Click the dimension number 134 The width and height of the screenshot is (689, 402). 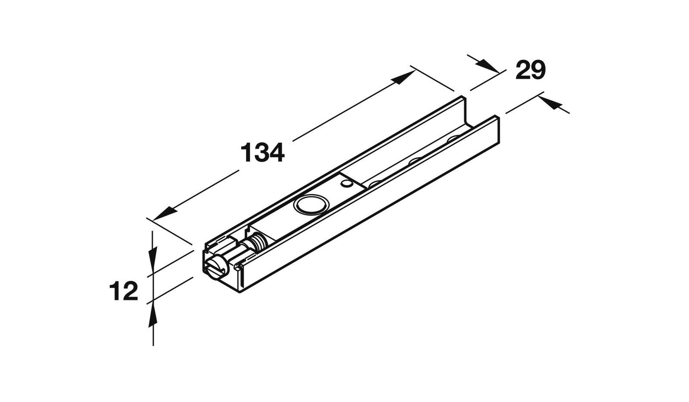click(x=262, y=153)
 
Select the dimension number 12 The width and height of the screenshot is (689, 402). click(x=124, y=292)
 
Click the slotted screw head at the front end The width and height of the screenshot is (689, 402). click(x=216, y=267)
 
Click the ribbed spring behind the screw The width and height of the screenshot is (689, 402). click(x=259, y=242)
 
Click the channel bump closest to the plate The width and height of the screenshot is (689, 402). click(x=374, y=183)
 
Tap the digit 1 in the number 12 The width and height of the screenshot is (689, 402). click(x=116, y=292)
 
